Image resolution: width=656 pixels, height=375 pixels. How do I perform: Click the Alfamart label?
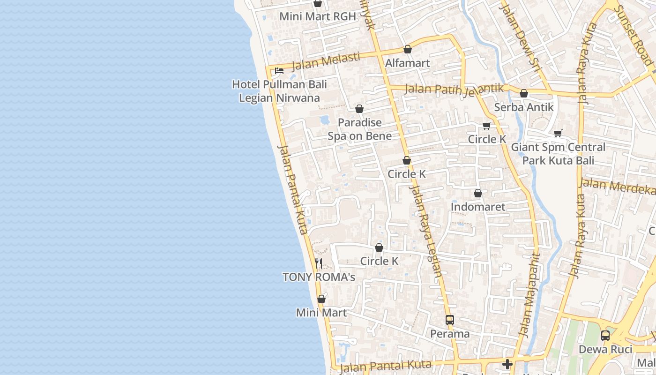click(407, 63)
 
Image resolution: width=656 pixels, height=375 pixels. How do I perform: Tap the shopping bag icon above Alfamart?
click(408, 50)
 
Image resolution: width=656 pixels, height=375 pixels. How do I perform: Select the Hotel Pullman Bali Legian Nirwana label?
click(279, 91)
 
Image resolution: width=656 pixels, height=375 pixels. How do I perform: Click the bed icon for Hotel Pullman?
click(279, 71)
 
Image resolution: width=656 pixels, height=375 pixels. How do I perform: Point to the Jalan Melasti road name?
click(326, 61)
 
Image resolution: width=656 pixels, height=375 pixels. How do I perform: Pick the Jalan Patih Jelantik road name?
click(454, 89)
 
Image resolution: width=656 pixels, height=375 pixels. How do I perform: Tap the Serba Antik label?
click(524, 107)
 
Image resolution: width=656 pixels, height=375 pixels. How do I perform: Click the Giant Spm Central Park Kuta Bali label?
click(558, 154)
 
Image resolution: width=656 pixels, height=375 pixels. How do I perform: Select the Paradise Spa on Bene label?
click(359, 129)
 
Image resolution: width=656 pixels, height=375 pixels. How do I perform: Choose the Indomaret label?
click(478, 207)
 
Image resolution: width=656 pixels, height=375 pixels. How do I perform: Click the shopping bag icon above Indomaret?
click(478, 193)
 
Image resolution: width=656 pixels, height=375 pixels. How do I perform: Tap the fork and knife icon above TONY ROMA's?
click(319, 263)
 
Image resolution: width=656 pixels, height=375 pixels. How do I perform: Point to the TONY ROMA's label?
click(319, 277)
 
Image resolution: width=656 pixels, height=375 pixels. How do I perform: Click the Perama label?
click(450, 334)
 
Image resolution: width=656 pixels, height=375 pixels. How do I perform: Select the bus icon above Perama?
click(450, 320)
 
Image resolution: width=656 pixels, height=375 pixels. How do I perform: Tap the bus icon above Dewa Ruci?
click(605, 336)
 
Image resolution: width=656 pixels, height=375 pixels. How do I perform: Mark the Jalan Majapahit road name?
click(529, 295)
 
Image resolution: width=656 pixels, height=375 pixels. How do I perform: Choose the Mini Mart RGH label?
click(318, 16)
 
